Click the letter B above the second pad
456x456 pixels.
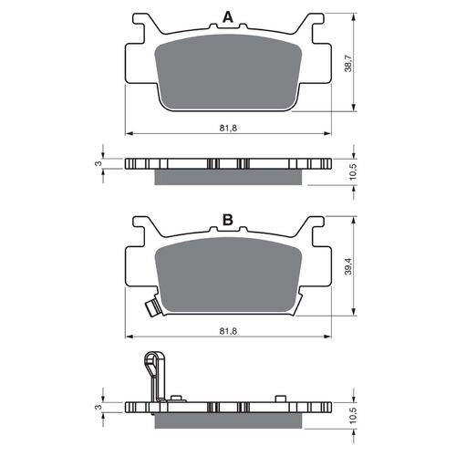(227, 220)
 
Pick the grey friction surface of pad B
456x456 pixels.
(228, 274)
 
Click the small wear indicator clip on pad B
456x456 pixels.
(152, 309)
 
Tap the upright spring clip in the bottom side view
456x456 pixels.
(153, 374)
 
